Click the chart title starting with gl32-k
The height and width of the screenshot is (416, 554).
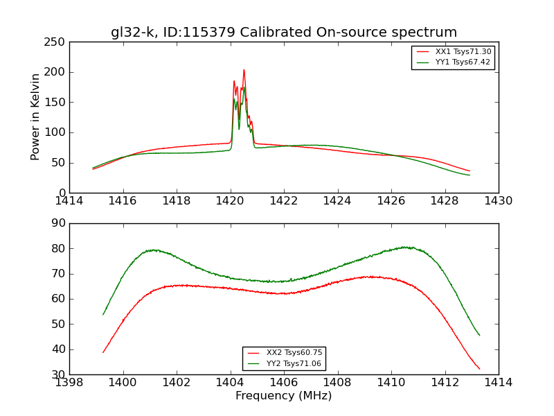pos(284,33)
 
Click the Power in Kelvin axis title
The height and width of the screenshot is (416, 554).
pos(36,117)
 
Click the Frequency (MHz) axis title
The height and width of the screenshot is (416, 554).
pos(284,396)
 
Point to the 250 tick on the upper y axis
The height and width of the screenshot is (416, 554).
pos(57,42)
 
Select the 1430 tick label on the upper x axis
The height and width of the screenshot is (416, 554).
pos(499,200)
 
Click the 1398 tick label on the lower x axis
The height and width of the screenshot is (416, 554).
pos(69,382)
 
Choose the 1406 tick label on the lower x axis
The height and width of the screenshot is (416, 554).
pos(284,382)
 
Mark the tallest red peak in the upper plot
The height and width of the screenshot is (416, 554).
pos(244,69)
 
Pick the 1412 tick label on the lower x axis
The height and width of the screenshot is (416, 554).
pos(445,382)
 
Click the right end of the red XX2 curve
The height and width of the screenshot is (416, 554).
pos(479,369)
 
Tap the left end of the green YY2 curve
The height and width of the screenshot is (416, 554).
pos(103,314)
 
